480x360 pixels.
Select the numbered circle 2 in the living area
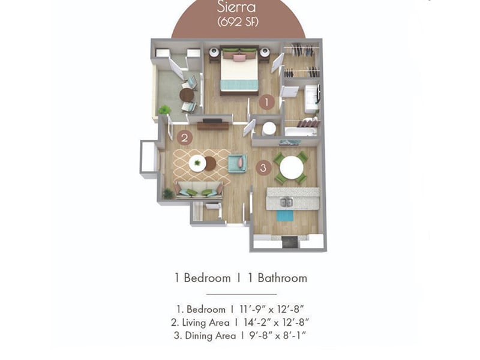[185, 137]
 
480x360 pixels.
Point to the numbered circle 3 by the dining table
[263, 168]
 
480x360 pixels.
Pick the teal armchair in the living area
[237, 163]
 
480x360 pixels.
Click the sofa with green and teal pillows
[199, 190]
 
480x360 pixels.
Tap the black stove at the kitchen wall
[289, 241]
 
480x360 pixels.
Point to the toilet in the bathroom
[268, 128]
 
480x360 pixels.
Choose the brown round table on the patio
[187, 95]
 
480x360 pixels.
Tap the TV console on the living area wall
[212, 125]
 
